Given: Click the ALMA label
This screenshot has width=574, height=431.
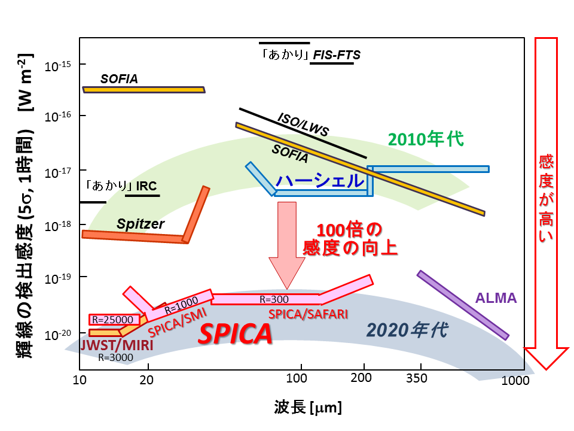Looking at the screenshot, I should click(496, 298).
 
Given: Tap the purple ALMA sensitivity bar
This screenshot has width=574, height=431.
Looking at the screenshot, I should click(463, 305).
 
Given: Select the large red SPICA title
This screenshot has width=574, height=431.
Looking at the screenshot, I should click(235, 334).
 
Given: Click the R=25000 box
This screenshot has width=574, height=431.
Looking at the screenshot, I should click(114, 320).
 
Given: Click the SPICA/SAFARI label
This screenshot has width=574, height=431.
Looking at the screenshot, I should click(307, 313).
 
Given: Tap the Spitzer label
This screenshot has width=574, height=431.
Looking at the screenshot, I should click(141, 224).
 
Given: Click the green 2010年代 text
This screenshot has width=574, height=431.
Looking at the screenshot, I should click(426, 139).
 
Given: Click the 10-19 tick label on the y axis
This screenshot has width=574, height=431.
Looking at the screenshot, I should click(57, 277).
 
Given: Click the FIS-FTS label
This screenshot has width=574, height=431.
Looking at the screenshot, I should click(337, 55).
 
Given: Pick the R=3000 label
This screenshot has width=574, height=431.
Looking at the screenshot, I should click(115, 357).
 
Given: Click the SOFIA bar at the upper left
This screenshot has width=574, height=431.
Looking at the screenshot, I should click(143, 89).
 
